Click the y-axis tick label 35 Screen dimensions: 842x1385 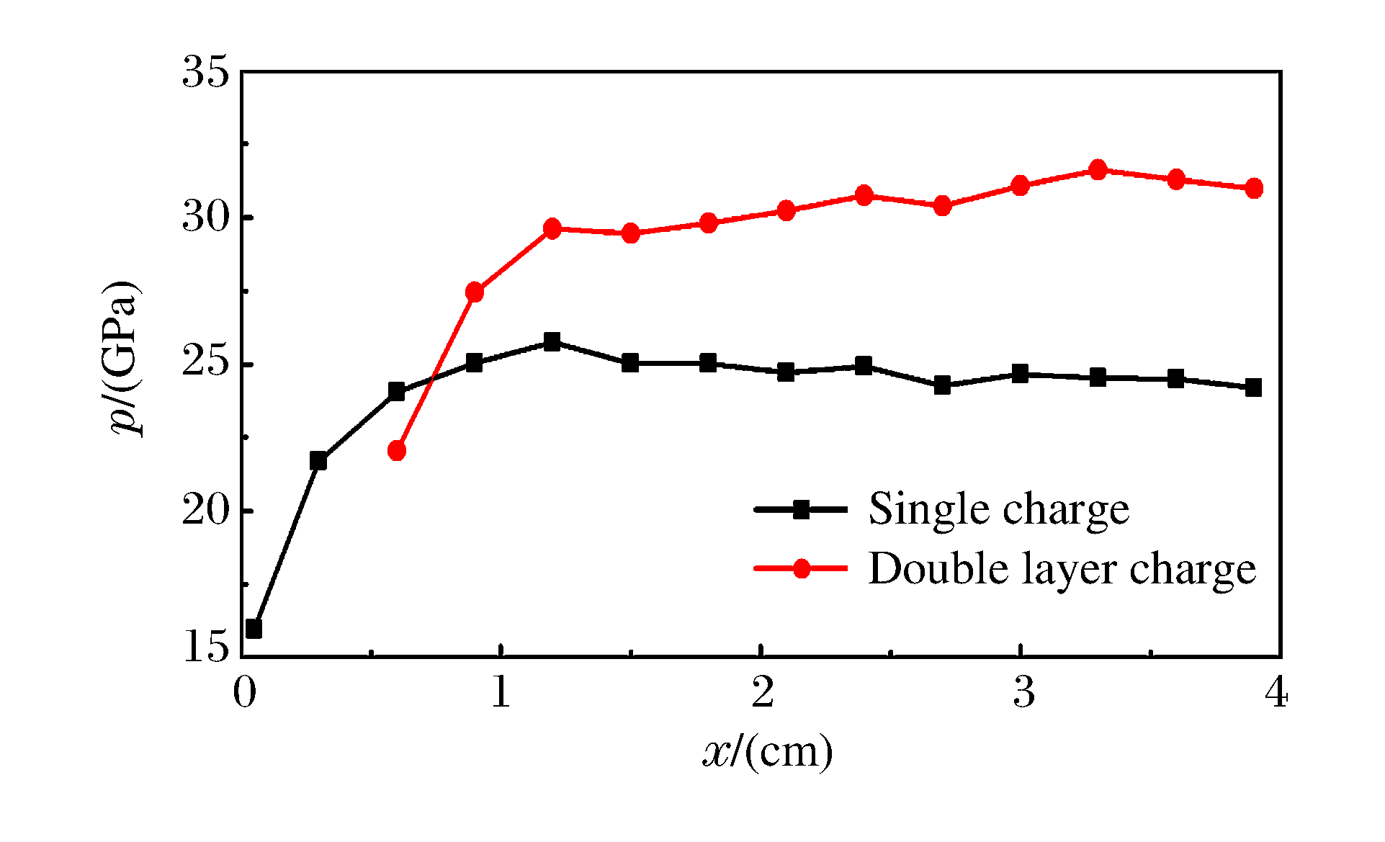205,73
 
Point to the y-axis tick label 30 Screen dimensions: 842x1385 205,218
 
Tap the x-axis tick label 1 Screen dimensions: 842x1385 501,693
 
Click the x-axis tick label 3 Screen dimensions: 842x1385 1023,693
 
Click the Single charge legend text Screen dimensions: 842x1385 998,510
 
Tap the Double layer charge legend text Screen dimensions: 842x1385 1062,569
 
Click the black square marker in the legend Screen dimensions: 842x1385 801,510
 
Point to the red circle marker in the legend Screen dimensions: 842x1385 801,569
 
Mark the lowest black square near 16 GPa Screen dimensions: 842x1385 254,629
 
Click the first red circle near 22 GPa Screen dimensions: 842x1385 397,451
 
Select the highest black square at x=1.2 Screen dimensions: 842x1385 552,341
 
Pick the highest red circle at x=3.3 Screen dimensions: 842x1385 1098,170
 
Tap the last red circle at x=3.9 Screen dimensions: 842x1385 1254,188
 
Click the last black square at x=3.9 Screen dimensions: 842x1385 1254,388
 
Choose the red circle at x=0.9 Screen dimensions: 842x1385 475,292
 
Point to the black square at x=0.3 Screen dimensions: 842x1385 318,460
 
